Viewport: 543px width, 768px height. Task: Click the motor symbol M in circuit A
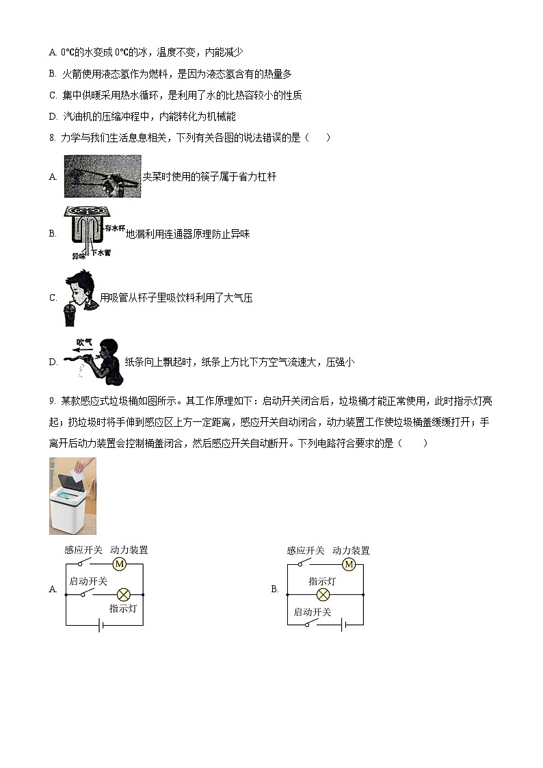[120, 564]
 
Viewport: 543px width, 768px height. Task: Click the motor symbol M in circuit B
[349, 564]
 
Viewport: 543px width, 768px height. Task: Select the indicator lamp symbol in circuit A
[124, 594]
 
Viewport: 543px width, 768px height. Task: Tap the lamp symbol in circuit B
[323, 594]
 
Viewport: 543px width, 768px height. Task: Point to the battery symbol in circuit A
[101, 625]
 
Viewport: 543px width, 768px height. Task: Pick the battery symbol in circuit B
[339, 625]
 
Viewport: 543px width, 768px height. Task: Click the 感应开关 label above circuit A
[83, 550]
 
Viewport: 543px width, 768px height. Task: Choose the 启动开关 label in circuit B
[312, 612]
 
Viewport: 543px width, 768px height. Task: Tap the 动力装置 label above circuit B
[351, 551]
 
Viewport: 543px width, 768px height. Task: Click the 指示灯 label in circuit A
[124, 608]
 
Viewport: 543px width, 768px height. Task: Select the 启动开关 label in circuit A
[88, 581]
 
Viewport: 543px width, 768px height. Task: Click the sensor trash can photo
[72, 496]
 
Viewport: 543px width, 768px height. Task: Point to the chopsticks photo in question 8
[102, 176]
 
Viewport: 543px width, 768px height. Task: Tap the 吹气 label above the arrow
[84, 341]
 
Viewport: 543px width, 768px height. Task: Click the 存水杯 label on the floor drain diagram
[115, 228]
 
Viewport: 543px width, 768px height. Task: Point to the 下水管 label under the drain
[101, 253]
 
